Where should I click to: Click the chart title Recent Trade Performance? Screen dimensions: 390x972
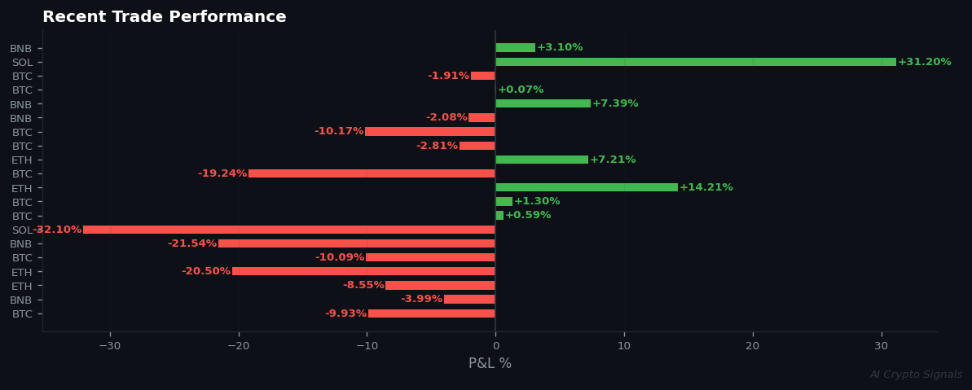164,17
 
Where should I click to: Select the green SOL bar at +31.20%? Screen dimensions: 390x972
695,62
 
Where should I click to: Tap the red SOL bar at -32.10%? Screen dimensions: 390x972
288,230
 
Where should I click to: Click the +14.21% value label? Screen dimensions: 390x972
706,187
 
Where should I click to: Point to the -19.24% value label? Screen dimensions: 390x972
222,173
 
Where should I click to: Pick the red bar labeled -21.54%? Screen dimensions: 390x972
356,243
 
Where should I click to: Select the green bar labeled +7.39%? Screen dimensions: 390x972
543,103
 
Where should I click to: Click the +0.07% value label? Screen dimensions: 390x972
520,90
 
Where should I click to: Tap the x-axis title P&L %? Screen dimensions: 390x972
490,363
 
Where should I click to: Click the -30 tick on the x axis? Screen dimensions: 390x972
110,345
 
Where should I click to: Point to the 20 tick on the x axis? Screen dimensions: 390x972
752,345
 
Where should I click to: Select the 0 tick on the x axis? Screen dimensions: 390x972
495,345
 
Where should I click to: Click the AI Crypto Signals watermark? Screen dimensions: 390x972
915,375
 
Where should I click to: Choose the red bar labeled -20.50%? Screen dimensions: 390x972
363,271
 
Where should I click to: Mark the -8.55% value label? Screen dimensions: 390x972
363,285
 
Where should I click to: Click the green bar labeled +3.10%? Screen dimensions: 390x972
515,48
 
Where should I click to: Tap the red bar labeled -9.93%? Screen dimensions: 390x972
431,313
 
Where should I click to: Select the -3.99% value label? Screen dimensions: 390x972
421,299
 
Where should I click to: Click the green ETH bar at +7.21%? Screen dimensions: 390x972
541,160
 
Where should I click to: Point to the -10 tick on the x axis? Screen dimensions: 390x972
367,345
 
